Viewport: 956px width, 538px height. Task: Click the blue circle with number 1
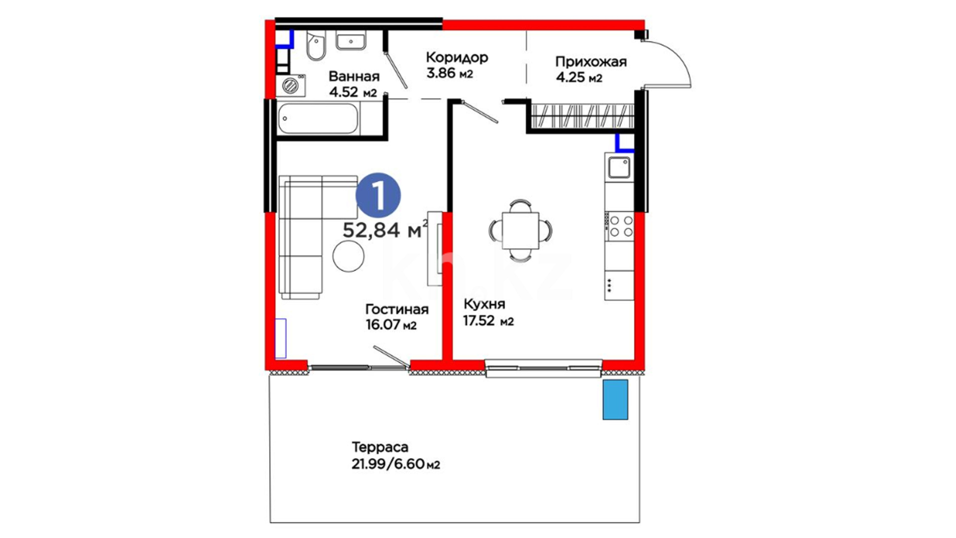378,196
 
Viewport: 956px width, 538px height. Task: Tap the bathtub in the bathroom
318,119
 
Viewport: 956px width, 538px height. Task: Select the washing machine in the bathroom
291,86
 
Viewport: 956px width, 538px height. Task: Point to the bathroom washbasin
351,40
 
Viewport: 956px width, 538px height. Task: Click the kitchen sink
619,167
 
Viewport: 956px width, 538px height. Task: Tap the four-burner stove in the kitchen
619,226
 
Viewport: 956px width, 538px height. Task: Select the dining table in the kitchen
520,230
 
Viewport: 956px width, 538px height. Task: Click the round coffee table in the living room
349,256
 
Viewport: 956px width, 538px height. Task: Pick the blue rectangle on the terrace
615,400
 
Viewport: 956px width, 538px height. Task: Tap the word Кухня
484,304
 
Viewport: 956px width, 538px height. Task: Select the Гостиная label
397,309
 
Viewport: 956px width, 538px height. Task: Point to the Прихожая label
591,62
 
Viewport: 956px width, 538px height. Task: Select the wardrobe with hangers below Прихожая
582,116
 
